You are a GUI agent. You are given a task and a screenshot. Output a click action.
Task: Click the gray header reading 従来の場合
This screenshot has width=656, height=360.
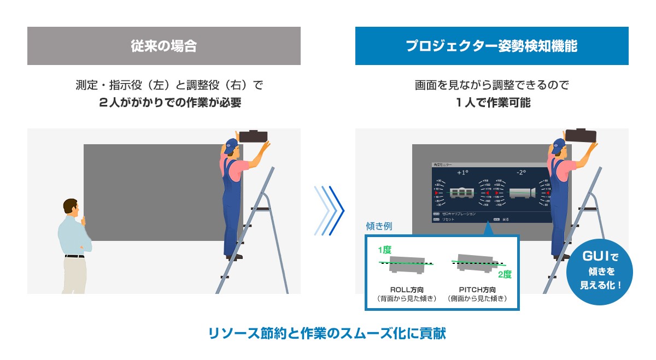click(x=163, y=46)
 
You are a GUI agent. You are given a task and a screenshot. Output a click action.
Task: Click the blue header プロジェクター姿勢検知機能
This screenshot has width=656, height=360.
click(x=491, y=46)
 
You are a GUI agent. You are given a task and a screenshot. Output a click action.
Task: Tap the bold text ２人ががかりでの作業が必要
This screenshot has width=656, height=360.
click(x=163, y=103)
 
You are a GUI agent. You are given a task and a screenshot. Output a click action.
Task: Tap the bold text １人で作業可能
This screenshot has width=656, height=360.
click(x=491, y=103)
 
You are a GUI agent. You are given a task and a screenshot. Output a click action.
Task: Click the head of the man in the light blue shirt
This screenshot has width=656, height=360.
click(x=71, y=208)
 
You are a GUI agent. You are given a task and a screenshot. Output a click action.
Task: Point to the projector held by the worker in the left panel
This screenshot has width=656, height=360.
click(x=252, y=137)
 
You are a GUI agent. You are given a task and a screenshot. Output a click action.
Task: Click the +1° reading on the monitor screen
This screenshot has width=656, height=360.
click(x=462, y=173)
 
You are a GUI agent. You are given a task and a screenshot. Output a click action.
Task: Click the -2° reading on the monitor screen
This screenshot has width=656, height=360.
click(x=520, y=173)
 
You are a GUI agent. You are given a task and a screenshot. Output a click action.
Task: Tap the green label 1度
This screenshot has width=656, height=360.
click(x=384, y=250)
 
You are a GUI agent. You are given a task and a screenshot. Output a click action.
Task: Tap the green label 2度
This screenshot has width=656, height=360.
click(x=504, y=275)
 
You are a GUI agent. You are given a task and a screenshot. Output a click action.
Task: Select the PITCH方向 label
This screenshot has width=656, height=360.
click(x=477, y=289)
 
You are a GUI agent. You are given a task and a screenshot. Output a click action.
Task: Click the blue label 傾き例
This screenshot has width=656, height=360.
click(x=379, y=226)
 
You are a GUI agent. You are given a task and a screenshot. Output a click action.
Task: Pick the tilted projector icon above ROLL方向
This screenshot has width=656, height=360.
click(x=408, y=264)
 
